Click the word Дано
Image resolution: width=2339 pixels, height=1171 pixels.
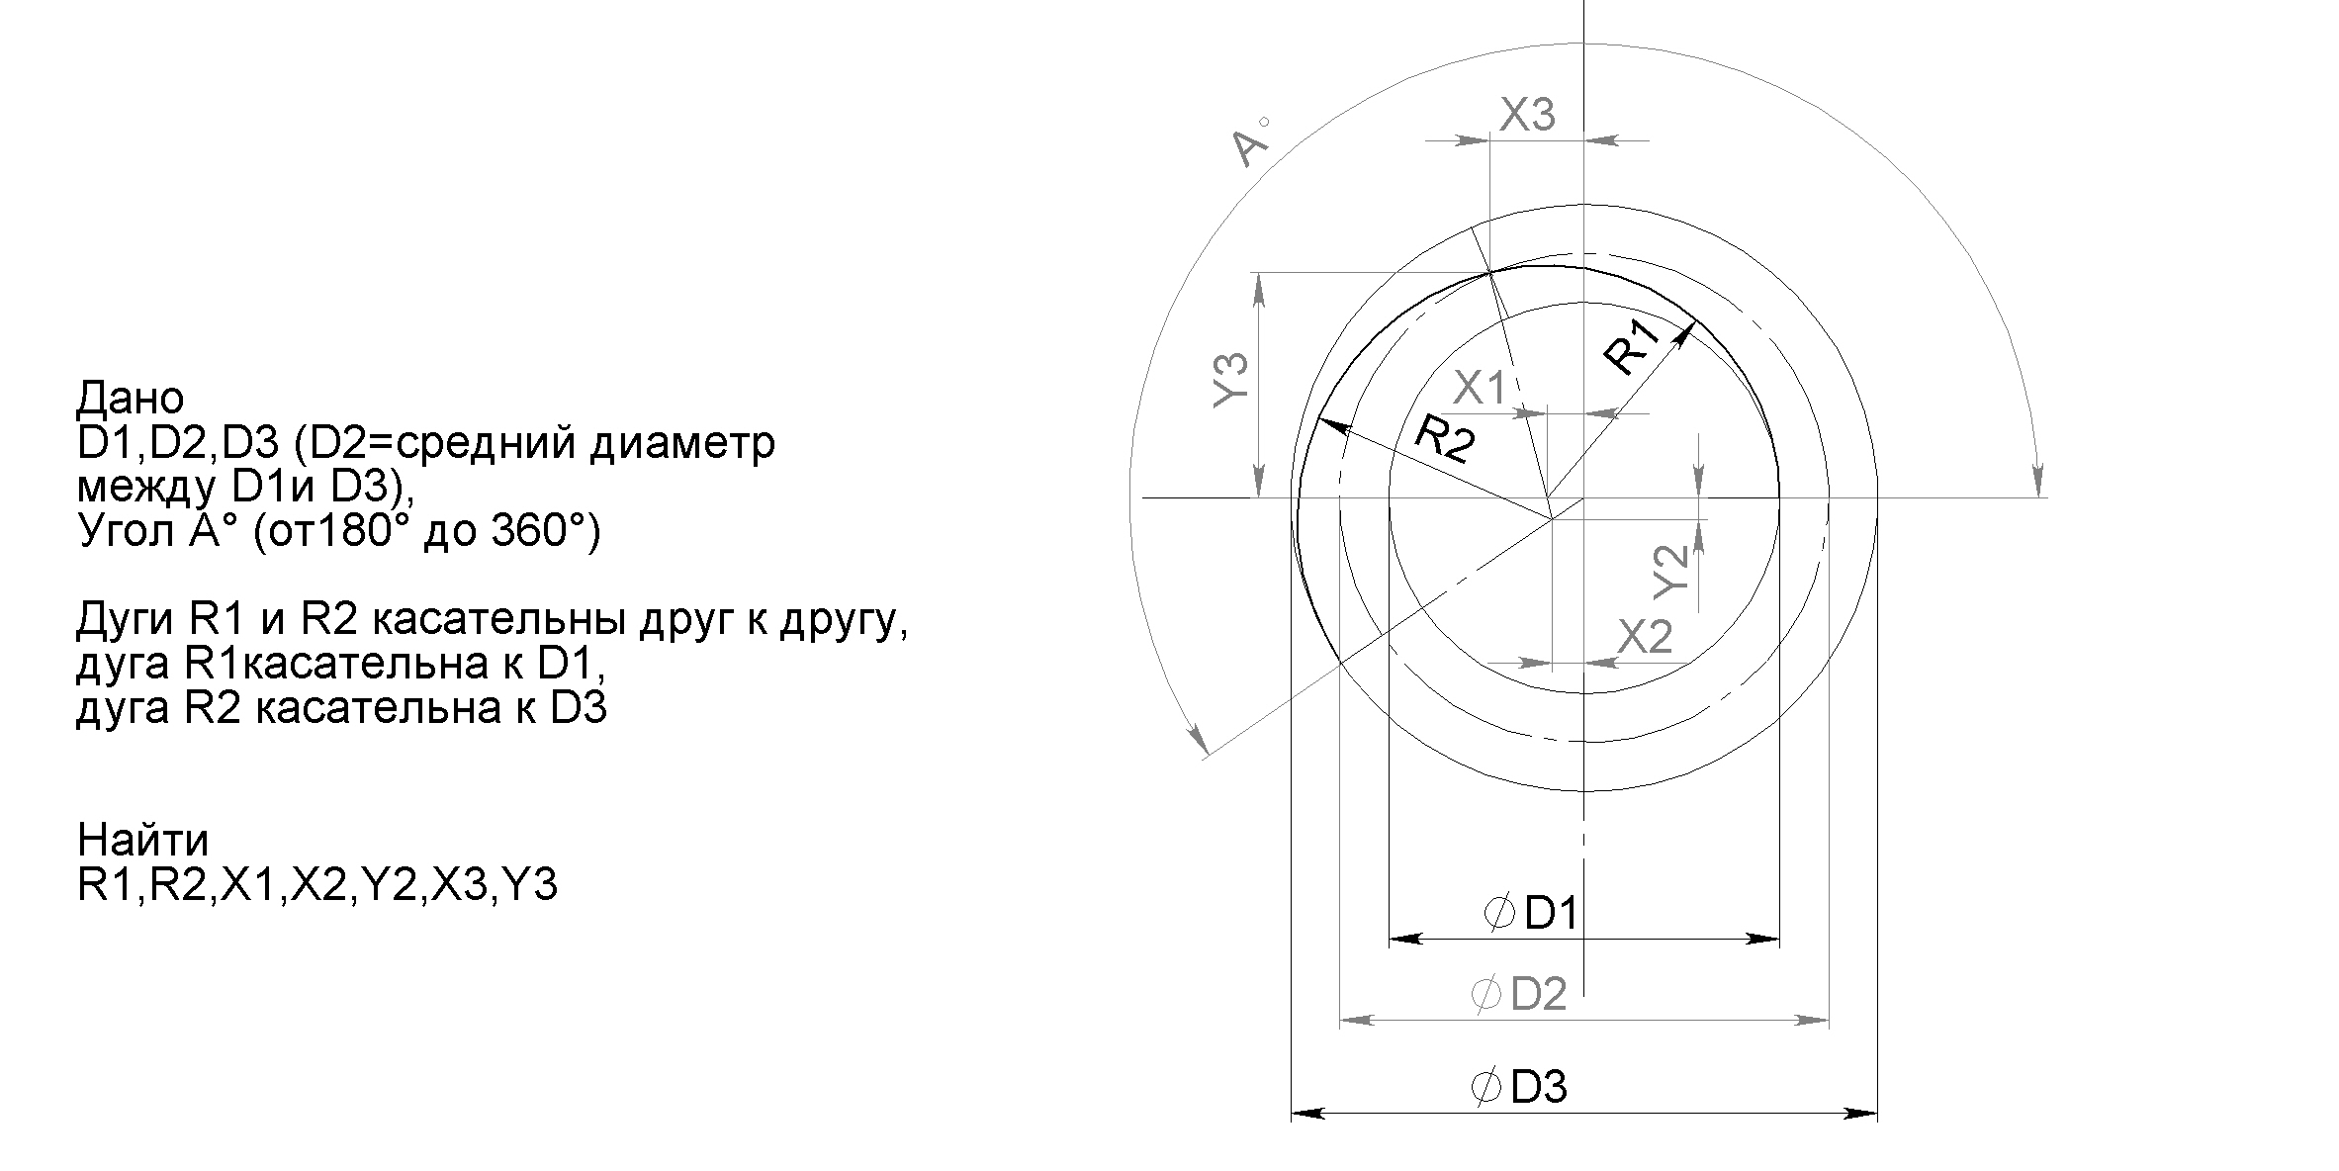point(130,398)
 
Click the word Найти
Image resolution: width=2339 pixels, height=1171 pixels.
point(143,840)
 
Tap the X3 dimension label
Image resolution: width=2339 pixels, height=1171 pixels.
point(1527,116)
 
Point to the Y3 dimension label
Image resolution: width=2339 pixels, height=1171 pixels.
point(1230,381)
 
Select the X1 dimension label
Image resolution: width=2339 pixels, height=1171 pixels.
point(1480,389)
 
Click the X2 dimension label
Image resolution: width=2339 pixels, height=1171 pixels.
point(1645,637)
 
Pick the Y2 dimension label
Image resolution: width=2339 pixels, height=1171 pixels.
point(1671,571)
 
